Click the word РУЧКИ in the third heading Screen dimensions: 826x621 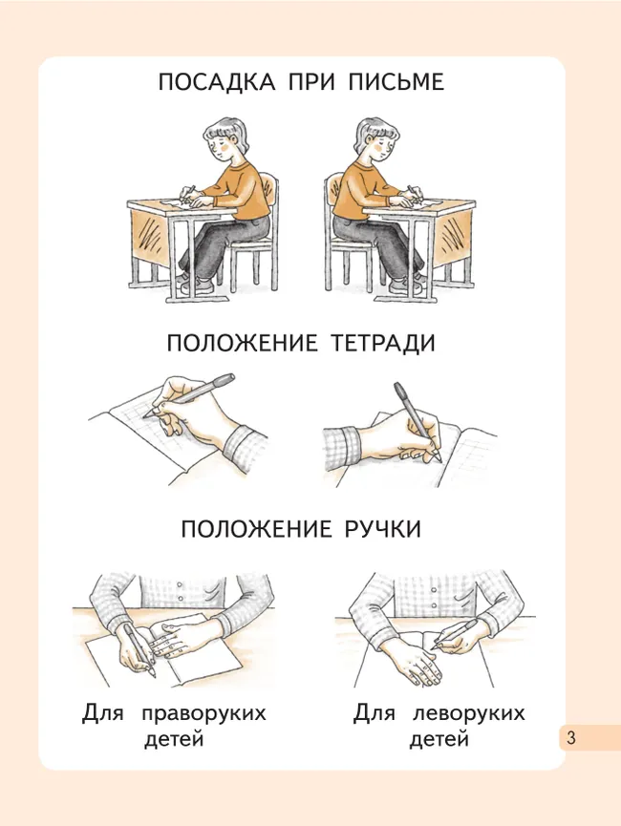[379, 528]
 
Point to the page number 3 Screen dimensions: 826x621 [570, 738]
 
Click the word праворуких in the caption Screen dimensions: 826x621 [203, 714]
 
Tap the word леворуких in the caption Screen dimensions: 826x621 [469, 714]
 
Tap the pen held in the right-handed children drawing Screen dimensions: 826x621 [139, 649]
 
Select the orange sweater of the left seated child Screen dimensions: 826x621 [239, 186]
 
